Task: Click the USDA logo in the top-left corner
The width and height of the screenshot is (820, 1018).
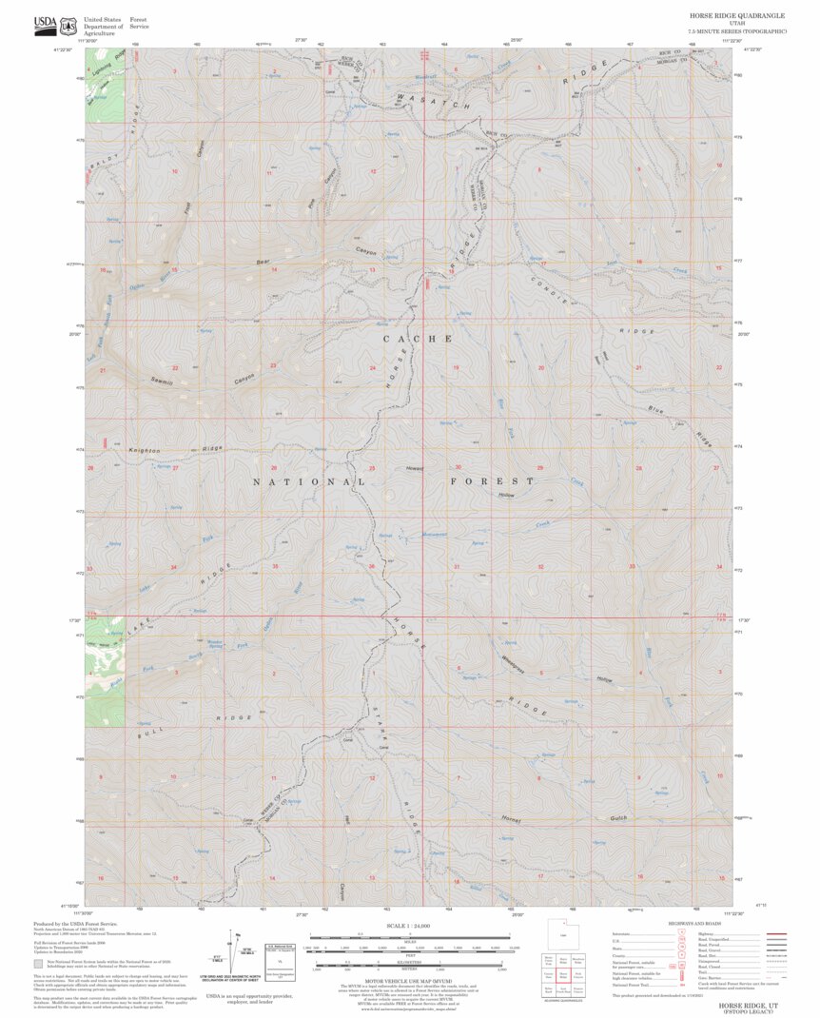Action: pyautogui.click(x=45, y=24)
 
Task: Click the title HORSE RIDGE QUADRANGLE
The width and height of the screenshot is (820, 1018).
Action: pyautogui.click(x=736, y=16)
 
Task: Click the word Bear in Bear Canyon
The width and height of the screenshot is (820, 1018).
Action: pyautogui.click(x=264, y=262)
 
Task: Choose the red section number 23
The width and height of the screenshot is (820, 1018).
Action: pyautogui.click(x=273, y=365)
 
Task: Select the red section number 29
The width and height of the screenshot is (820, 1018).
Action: pyautogui.click(x=540, y=468)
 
